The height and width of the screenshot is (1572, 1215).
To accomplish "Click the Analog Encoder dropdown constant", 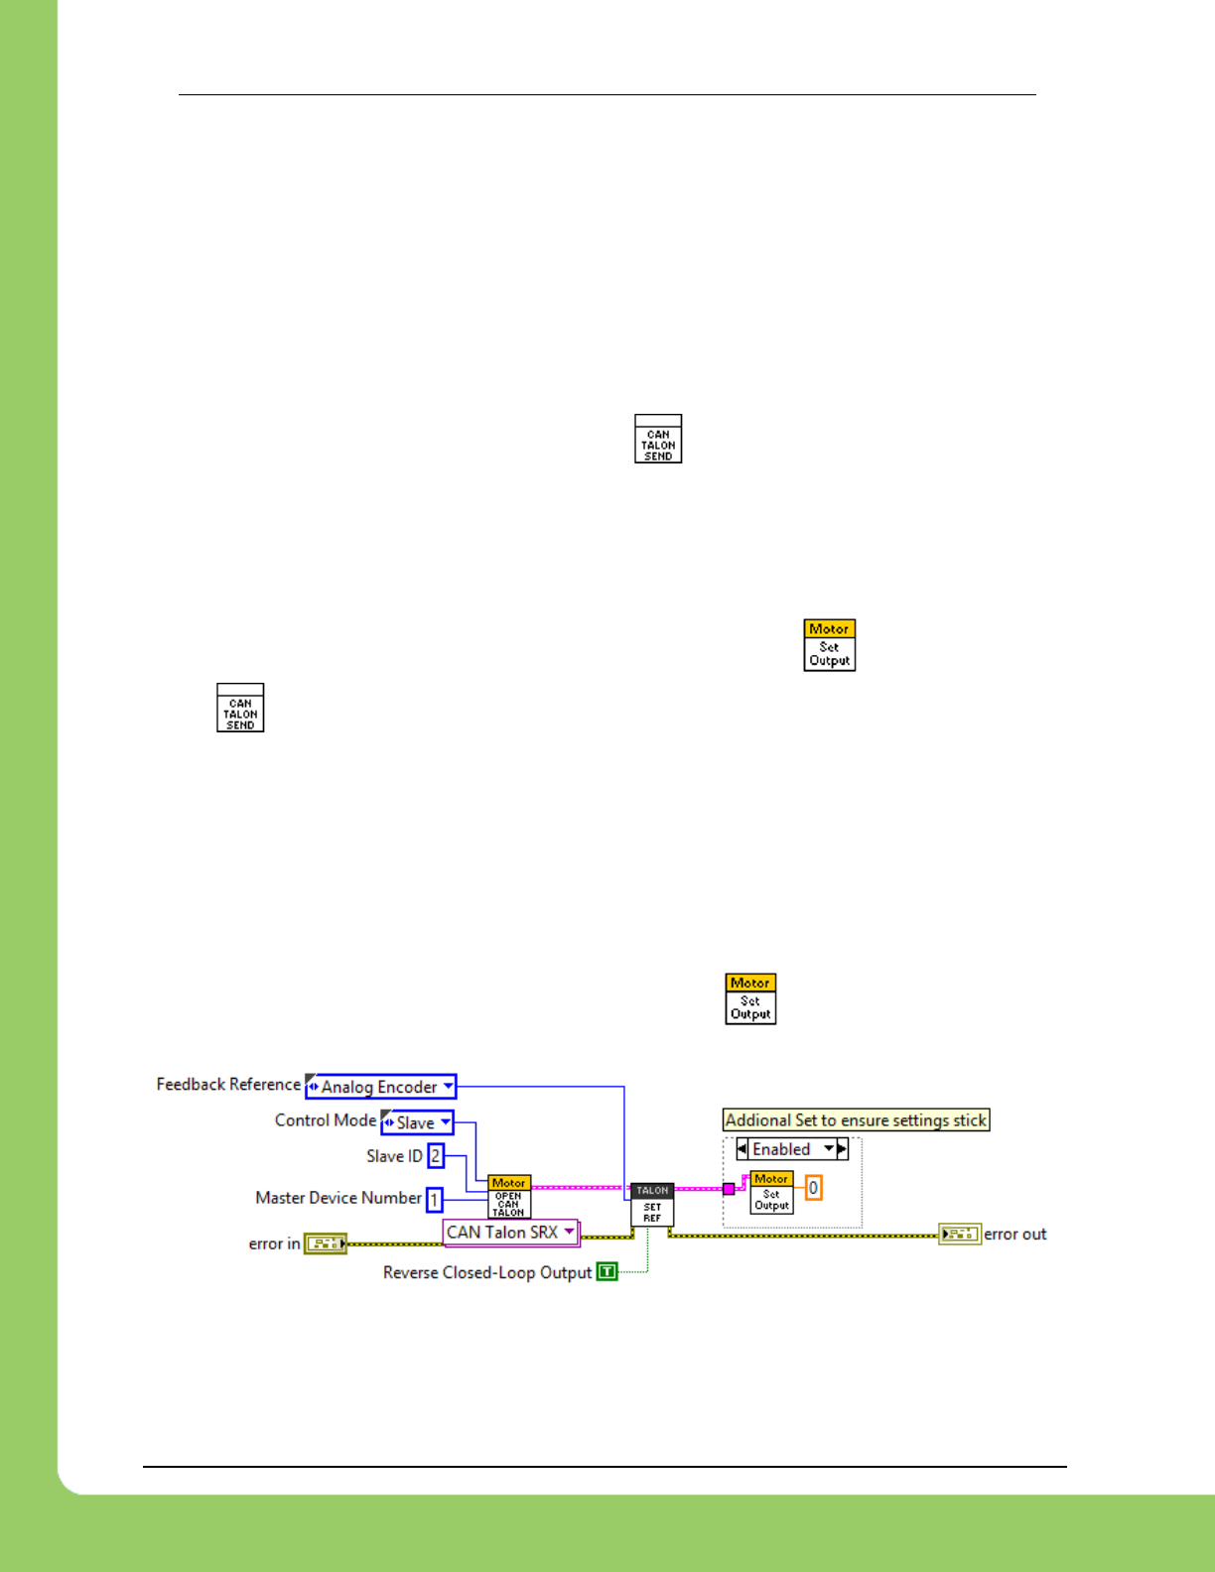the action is pos(380,1087).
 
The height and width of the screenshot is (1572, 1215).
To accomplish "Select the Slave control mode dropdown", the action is pos(417,1122).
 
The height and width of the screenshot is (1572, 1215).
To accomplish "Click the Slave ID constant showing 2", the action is pos(436,1156).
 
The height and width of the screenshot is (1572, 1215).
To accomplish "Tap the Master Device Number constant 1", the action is pos(435,1200).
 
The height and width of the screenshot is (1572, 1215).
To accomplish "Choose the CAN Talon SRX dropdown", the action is pos(510,1233).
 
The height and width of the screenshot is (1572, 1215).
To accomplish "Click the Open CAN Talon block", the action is pos(509,1198).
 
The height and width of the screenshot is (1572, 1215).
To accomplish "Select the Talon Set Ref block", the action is pos(652,1205).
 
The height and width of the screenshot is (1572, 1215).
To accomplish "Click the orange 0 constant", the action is pos(813,1188).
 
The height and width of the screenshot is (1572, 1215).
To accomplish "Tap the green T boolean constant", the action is pos(607,1272).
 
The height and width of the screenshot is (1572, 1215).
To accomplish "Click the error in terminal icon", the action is pos(326,1244).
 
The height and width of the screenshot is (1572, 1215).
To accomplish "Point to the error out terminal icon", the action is pos(960,1234).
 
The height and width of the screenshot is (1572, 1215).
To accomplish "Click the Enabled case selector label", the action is pos(782,1149).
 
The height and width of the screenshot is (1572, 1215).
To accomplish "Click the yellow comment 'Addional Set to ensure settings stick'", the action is pos(856,1120).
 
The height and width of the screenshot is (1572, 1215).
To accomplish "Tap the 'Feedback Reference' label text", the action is pos(228,1085).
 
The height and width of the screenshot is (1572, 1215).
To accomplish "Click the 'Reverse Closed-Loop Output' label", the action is pos(487,1272).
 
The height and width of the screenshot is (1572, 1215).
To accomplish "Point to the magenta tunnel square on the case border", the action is pos(729,1189).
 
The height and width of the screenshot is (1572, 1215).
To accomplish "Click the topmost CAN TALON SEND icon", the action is pos(658,440).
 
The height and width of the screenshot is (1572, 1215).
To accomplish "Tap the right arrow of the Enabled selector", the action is pos(842,1149).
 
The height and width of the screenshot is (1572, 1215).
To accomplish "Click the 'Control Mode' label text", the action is pos(326,1120).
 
